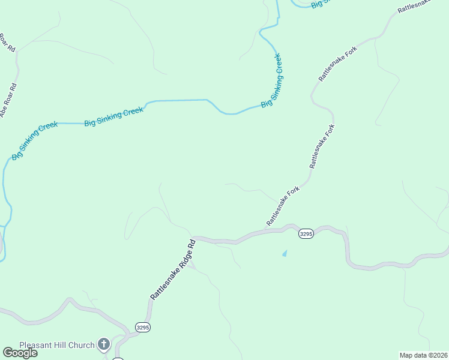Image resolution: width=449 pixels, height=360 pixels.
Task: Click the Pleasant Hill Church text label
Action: [x=57, y=345]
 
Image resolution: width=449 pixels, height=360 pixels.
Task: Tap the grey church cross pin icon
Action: [x=104, y=344]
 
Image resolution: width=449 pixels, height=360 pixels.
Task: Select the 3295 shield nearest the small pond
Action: [x=306, y=234]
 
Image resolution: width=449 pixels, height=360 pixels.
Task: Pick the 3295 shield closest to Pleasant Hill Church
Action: [x=142, y=328]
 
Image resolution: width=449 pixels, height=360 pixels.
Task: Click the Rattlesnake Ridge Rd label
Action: [x=173, y=270]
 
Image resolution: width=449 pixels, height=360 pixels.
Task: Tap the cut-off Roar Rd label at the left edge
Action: [x=7, y=43]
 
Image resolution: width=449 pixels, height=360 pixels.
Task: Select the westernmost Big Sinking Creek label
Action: [x=35, y=141]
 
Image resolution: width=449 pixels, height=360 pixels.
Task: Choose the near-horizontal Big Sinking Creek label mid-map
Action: [x=114, y=116]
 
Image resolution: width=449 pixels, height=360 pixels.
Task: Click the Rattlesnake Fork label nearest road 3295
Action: [x=283, y=206]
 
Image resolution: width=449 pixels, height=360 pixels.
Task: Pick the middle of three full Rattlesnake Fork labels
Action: [x=322, y=146]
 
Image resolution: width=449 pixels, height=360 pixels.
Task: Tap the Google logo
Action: [x=20, y=353]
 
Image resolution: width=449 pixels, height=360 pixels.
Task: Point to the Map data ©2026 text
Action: [x=423, y=355]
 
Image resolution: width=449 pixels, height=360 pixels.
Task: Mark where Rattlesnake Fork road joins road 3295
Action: [x=265, y=229]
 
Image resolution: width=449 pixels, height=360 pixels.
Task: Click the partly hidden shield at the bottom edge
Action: [x=118, y=358]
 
